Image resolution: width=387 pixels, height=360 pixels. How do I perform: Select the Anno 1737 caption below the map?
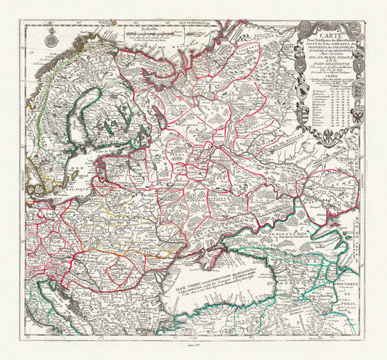click(193, 348)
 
